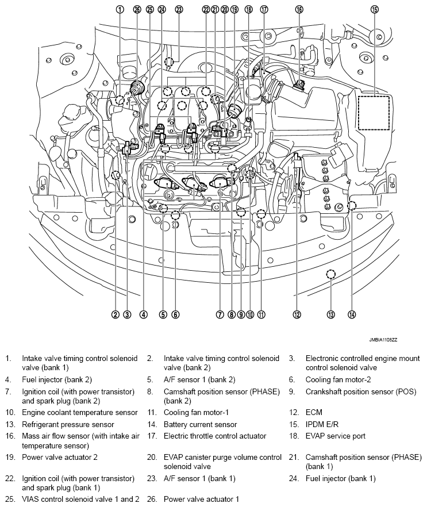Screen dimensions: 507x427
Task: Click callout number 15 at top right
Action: (375, 9)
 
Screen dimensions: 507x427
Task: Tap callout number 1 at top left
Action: (120, 9)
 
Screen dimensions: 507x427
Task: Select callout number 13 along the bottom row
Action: (331, 314)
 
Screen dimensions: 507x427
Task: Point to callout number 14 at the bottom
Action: (352, 314)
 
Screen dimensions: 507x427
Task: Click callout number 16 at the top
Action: (299, 9)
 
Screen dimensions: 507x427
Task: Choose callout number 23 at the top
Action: (179, 9)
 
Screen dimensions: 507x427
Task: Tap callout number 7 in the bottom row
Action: (220, 314)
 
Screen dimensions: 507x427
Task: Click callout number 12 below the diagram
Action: (297, 314)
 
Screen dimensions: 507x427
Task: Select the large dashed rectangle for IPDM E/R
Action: (374, 113)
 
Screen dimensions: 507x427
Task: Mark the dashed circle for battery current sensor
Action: (352, 206)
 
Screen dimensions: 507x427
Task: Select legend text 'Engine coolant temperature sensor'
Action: (80, 412)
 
